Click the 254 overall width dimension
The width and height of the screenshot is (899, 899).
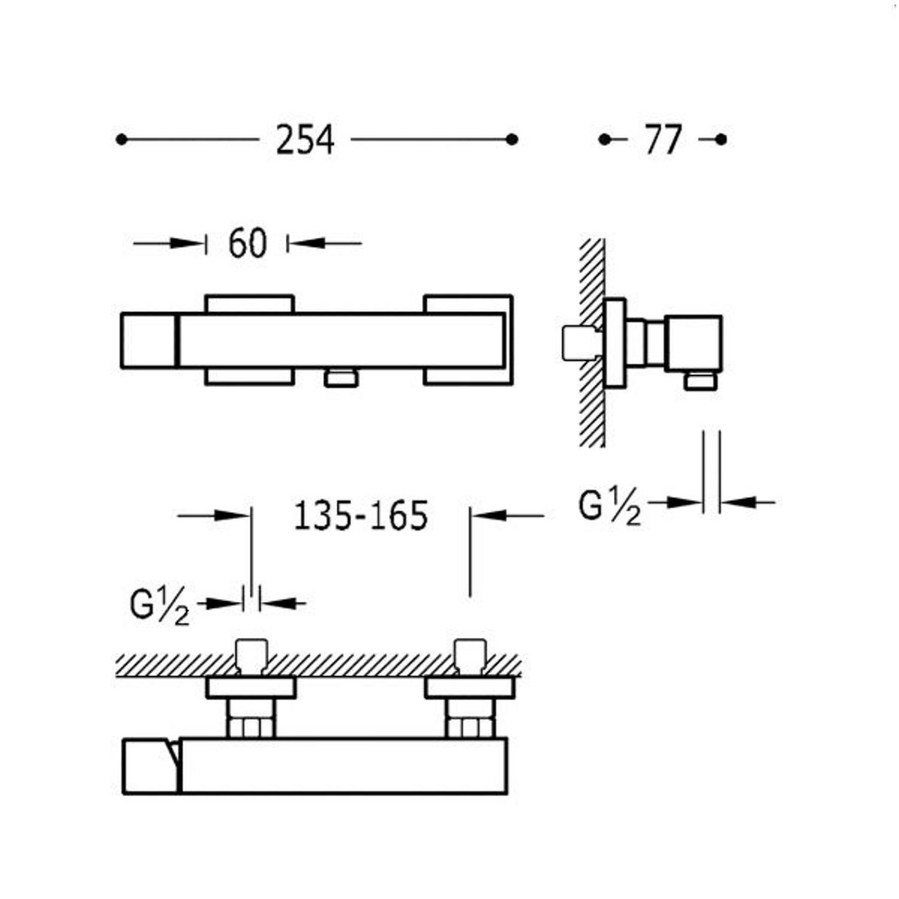pyautogui.click(x=304, y=140)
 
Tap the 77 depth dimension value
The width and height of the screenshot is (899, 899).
pyautogui.click(x=663, y=140)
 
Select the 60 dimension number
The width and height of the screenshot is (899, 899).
pyautogui.click(x=247, y=244)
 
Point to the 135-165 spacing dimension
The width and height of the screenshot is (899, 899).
pyautogui.click(x=361, y=515)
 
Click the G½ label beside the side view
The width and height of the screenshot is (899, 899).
pyautogui.click(x=610, y=507)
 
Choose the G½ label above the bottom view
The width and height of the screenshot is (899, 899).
pyautogui.click(x=159, y=607)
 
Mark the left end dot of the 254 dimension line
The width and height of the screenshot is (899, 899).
pyautogui.click(x=122, y=140)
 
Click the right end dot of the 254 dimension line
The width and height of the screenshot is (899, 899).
pyautogui.click(x=512, y=140)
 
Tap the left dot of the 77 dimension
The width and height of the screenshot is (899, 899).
pyautogui.click(x=604, y=140)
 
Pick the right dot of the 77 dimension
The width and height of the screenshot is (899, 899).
pyautogui.click(x=721, y=140)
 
